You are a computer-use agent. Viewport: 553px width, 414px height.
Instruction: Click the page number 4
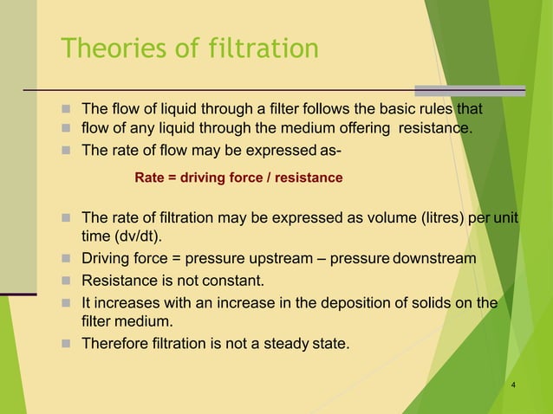coord(514,385)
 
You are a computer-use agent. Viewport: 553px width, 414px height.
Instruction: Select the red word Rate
coord(149,178)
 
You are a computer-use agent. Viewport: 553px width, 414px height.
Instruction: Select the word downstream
coord(433,258)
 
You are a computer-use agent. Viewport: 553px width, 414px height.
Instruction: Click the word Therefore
coord(113,343)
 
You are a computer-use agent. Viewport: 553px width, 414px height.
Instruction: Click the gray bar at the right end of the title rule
coord(470,90)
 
